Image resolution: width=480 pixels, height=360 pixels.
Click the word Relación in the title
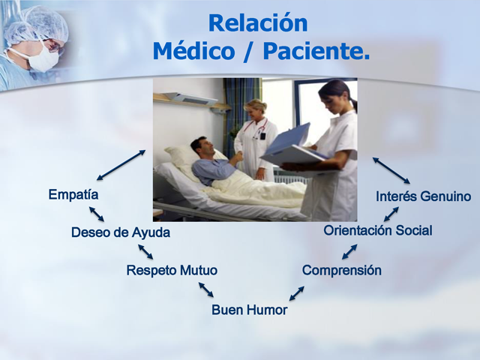[x=257, y=23]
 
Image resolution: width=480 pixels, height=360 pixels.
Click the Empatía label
[x=73, y=195]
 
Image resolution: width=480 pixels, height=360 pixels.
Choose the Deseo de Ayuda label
[x=120, y=232]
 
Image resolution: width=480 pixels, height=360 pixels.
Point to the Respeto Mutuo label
[x=172, y=270]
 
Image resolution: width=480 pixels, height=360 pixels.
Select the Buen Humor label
[x=249, y=309]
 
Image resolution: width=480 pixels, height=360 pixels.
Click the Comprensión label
[x=341, y=270]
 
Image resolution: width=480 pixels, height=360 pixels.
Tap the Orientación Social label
[x=377, y=231]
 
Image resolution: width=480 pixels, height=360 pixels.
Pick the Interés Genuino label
[x=424, y=196]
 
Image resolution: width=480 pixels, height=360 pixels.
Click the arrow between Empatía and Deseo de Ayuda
[x=97, y=214]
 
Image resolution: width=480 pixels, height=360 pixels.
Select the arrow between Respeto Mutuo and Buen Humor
[x=205, y=289]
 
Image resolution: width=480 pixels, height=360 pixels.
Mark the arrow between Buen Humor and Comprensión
[x=297, y=292]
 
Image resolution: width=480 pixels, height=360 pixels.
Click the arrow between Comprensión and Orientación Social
[x=349, y=251]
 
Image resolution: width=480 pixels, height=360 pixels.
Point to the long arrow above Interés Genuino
[x=391, y=170]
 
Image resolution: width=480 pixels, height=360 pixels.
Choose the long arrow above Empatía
[x=121, y=165]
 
